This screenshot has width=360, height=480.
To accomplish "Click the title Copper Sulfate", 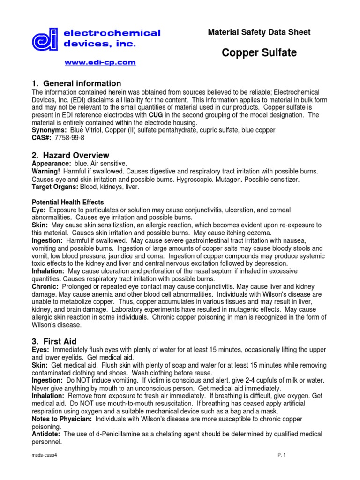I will coord(259,53).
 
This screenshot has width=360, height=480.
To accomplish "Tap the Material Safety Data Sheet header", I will coord(259,32).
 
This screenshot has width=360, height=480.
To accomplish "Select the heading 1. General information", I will coord(76,83).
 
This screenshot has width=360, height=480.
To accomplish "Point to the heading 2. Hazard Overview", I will coord(70,155).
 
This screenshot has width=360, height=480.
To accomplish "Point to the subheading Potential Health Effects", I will coord(67,202).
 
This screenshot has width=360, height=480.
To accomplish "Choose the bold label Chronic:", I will coord(45,286).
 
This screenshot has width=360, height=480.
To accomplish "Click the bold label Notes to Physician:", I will coord(61,419).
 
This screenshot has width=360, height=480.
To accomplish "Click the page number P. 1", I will coord(281,455).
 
